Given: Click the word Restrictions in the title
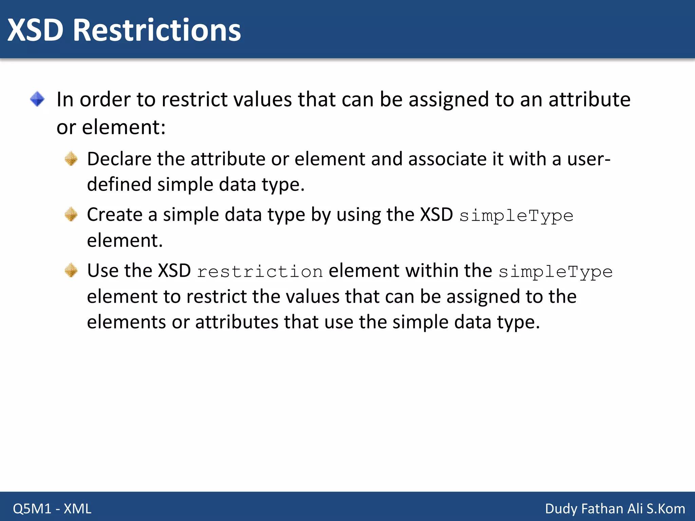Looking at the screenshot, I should click(x=157, y=31).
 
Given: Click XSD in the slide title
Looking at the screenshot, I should click(x=36, y=31).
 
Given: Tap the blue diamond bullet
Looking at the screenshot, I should click(x=37, y=99).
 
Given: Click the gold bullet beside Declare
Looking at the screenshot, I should click(x=71, y=159).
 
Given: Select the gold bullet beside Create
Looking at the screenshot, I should click(x=71, y=214).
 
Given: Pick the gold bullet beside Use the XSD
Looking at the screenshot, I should click(x=71, y=270).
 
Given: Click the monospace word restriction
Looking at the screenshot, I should click(x=260, y=272).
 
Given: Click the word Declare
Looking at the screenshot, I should click(x=119, y=159).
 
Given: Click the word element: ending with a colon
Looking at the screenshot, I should click(x=124, y=127).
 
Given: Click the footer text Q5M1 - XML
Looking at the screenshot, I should click(x=52, y=508).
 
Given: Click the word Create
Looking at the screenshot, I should click(x=115, y=215).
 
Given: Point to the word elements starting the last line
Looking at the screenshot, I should click(x=126, y=322).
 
